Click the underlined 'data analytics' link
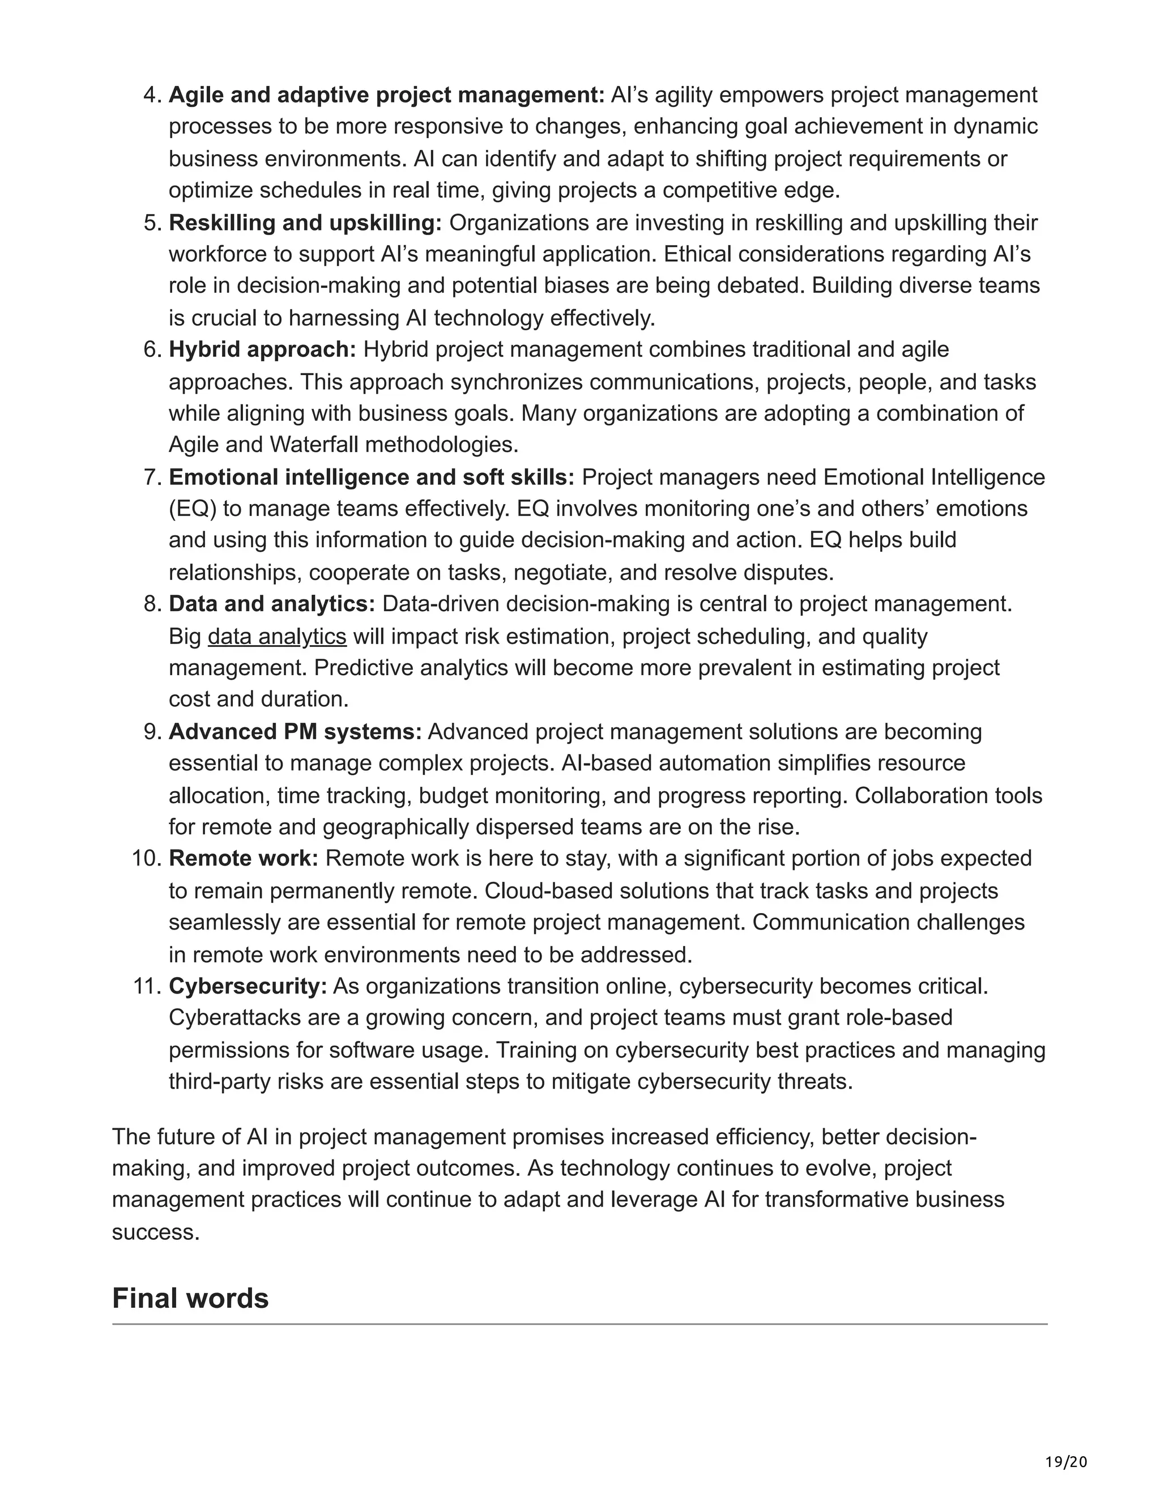coord(277,637)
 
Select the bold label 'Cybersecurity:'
coord(248,986)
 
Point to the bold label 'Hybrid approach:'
coord(262,349)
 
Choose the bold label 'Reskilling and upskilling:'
coord(306,223)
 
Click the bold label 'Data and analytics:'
coord(272,603)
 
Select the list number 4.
coord(152,95)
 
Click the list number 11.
coord(146,986)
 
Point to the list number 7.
coord(152,477)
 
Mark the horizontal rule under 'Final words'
coord(579,1324)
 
